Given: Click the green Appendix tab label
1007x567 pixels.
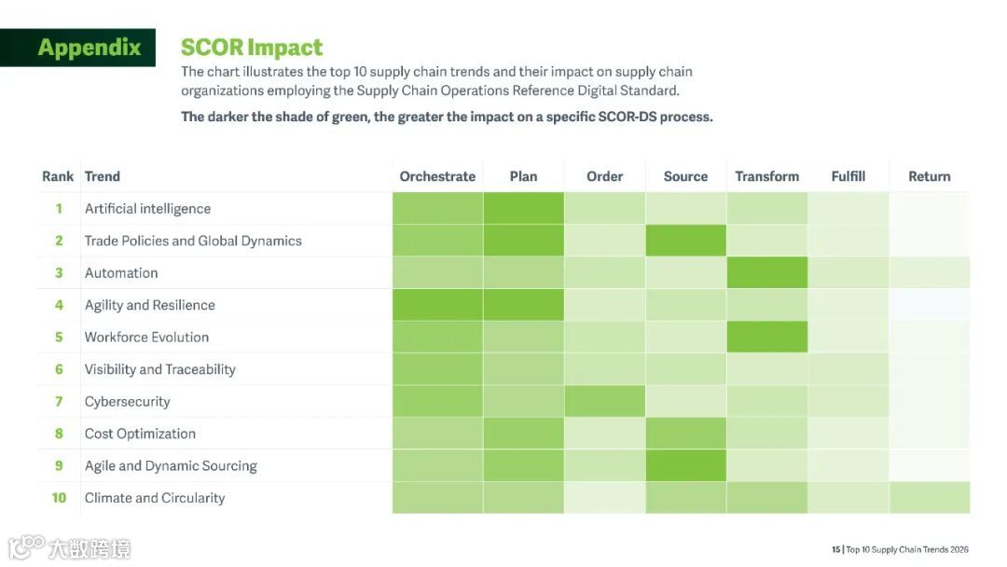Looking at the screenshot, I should pos(90,48).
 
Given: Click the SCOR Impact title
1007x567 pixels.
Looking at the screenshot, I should pos(252,48).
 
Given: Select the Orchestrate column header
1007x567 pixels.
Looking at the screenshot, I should pos(437,176).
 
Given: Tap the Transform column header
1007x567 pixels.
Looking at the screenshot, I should pos(766,176).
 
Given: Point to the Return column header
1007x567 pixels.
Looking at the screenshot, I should pos(929,176).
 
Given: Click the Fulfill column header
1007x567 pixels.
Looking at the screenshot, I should pos(848,176).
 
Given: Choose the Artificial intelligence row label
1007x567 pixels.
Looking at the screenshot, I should pos(147,209).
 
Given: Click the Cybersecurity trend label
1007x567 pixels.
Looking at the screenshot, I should pos(127,402).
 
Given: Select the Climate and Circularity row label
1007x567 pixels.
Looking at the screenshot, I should pos(155,498).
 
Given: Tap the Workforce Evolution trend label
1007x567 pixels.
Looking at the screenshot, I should pos(146,338).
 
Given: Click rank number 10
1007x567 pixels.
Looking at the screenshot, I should pos(59,498).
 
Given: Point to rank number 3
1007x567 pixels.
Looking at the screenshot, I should pos(59,273).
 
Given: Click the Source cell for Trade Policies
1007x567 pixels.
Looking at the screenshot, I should pos(685,241).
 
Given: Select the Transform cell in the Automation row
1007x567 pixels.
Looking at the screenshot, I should pos(766,273).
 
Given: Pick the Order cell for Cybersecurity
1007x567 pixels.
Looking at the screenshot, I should pos(604,402).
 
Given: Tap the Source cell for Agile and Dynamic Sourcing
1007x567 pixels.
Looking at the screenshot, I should pos(685,466).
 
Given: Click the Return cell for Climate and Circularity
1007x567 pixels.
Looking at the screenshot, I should pos(929,498).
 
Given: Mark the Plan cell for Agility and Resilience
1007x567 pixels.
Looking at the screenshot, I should pos(523,305).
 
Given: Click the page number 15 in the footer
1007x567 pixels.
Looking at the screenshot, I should pos(835,549).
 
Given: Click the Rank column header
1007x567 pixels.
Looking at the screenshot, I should pos(58,176).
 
